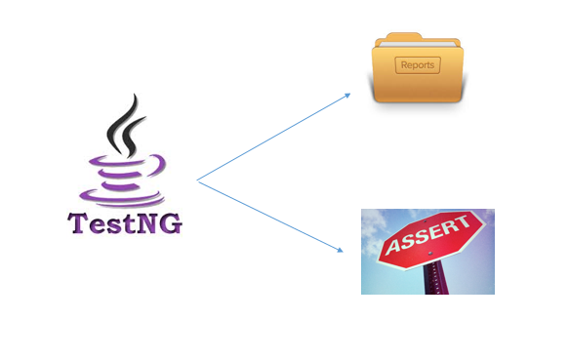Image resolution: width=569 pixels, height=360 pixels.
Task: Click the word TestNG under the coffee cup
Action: (x=125, y=223)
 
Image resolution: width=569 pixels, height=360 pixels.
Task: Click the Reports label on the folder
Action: (x=418, y=66)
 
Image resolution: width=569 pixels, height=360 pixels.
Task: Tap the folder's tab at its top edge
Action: (x=394, y=38)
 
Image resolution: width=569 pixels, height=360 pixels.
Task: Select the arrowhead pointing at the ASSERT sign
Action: (x=341, y=250)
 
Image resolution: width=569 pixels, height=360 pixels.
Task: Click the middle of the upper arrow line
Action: (x=272, y=138)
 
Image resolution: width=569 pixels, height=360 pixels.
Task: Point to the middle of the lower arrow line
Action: (x=269, y=216)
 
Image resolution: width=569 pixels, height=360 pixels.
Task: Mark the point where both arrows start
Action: (x=197, y=180)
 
